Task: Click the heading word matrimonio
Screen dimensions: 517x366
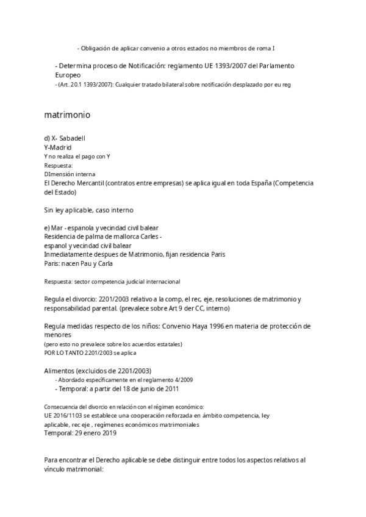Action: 68,114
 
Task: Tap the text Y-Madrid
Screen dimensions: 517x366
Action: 58,147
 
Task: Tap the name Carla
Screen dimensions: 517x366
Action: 102,263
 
